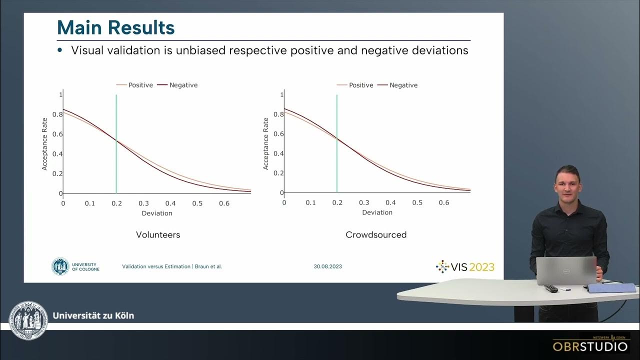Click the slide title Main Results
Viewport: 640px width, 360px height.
pyautogui.click(x=116, y=27)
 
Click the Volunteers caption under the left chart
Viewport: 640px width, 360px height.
pyautogui.click(x=158, y=234)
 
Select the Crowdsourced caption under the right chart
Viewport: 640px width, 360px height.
pyautogui.click(x=376, y=234)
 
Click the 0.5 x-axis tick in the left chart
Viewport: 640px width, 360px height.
pyautogui.click(x=197, y=203)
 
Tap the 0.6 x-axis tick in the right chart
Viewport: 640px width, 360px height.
pyautogui.click(x=444, y=202)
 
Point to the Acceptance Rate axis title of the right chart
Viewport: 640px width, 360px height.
pyautogui.click(x=266, y=143)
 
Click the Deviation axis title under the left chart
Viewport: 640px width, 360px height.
pyautogui.click(x=157, y=213)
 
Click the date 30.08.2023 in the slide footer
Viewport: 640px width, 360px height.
pyautogui.click(x=328, y=266)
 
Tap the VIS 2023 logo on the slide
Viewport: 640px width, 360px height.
pyautogui.click(x=465, y=266)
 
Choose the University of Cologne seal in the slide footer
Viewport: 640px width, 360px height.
pyautogui.click(x=60, y=266)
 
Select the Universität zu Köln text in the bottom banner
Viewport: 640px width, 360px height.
pyautogui.click(x=93, y=315)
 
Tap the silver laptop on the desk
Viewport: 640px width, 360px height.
pyautogui.click(x=566, y=270)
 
